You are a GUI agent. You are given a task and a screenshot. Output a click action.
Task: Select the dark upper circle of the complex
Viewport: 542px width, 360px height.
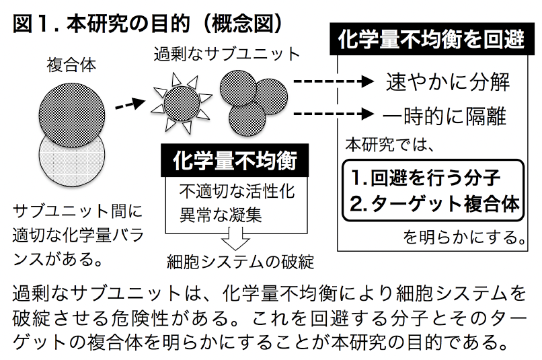pyautogui.click(x=73, y=112)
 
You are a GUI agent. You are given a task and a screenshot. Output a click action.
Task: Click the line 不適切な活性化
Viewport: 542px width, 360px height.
pyautogui.click(x=236, y=192)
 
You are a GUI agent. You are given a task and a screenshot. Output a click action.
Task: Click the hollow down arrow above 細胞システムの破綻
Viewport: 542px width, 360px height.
pyautogui.click(x=236, y=238)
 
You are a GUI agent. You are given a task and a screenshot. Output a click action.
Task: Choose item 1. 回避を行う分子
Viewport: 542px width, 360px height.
pyautogui.click(x=426, y=178)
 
